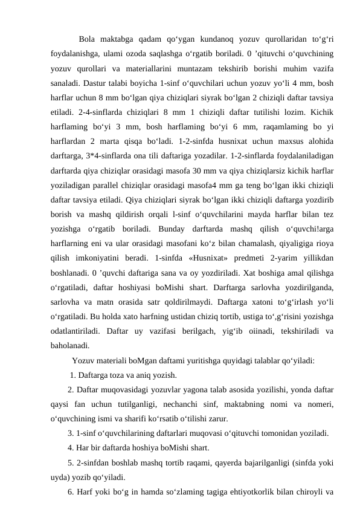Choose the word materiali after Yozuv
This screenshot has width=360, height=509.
click(x=117, y=361)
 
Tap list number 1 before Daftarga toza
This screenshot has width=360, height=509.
click(x=72, y=375)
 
